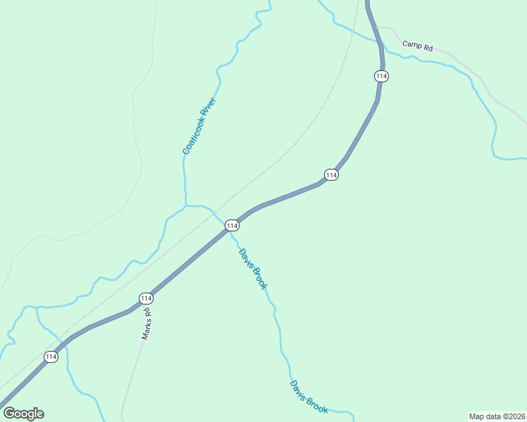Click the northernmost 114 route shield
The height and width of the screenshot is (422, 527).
(x=382, y=75)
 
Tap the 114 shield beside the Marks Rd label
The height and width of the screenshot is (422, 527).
(x=146, y=298)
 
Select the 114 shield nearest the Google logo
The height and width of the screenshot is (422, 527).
(x=51, y=357)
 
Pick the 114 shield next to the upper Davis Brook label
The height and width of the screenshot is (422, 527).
(x=232, y=225)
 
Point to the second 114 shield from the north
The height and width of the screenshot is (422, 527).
(x=331, y=174)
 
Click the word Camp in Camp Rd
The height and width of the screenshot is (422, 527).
(x=411, y=44)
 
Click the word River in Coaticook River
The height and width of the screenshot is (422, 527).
(x=209, y=107)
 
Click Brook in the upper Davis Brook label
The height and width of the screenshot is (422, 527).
(x=261, y=280)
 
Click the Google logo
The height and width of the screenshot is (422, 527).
(x=23, y=414)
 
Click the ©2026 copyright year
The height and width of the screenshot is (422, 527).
(x=514, y=416)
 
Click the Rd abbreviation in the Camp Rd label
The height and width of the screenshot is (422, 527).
(x=427, y=48)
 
